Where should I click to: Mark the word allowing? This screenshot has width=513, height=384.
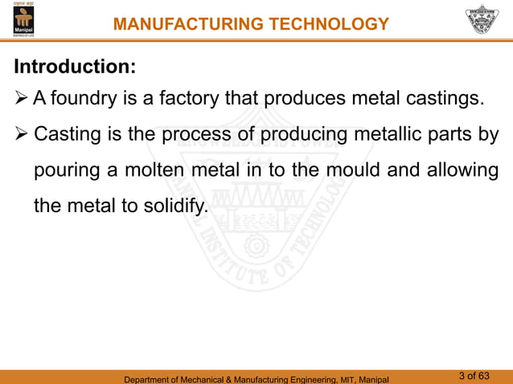click(465, 170)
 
